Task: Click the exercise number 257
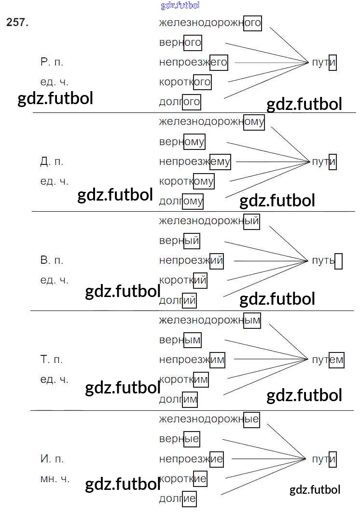point(17,23)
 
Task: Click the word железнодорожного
point(210,23)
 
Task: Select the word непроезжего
point(193,62)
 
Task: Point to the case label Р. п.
point(52,62)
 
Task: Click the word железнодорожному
point(211,122)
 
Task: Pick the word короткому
point(186,181)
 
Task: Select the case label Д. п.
point(52,162)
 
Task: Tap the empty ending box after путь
point(338,261)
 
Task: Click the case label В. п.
point(52,261)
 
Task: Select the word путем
point(328,360)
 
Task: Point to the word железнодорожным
point(209,320)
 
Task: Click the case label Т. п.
point(52,360)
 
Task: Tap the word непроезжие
point(191,459)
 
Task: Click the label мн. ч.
point(55,479)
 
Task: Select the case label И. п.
point(52,459)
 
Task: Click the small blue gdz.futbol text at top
point(180,6)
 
